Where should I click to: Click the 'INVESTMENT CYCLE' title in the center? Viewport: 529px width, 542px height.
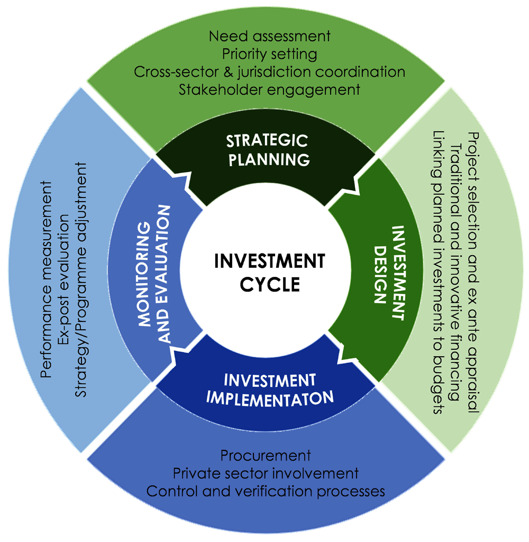[269, 272]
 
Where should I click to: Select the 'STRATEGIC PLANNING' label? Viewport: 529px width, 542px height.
[267, 150]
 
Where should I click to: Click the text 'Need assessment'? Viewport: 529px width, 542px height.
[269, 36]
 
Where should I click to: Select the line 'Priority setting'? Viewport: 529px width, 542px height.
[269, 53]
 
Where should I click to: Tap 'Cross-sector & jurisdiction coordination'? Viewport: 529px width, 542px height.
[269, 71]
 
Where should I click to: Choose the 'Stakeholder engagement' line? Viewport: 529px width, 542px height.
[269, 89]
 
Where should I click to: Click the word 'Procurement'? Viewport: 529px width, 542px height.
[265, 455]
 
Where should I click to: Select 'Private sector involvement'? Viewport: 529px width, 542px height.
[266, 473]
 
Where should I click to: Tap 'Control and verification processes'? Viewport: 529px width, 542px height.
[266, 491]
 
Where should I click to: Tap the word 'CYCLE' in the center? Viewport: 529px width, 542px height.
[270, 284]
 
